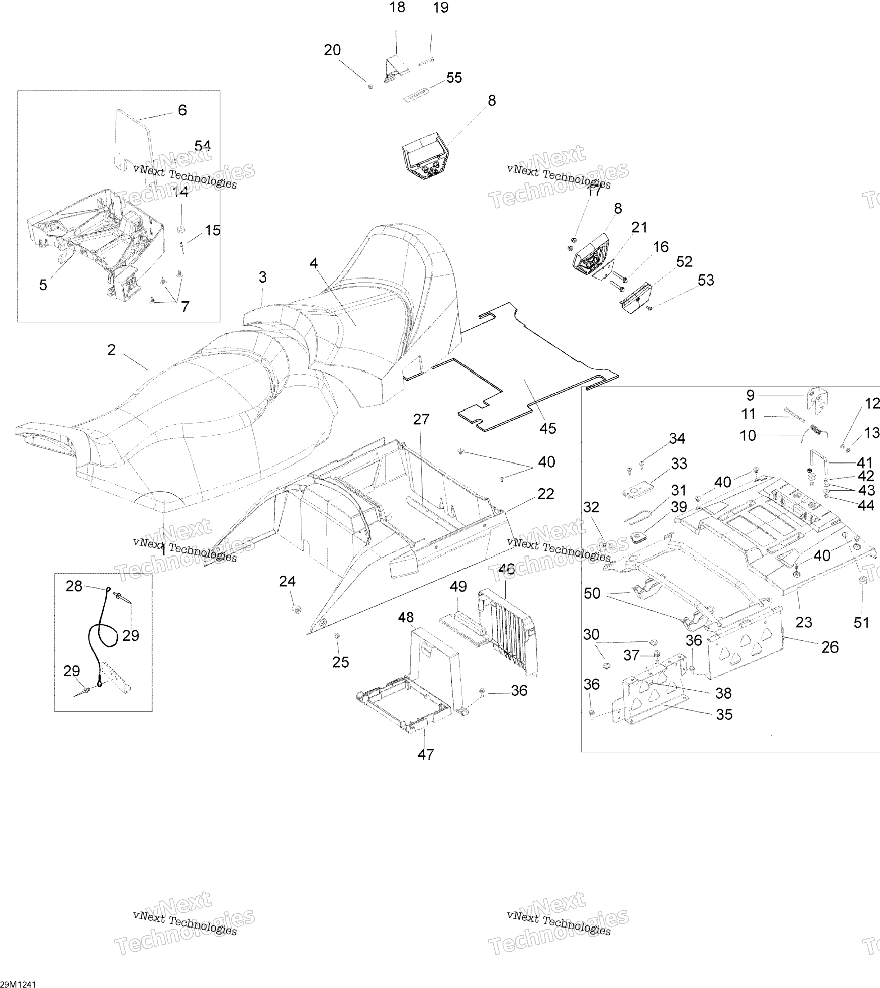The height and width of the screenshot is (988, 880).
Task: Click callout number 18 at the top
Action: coord(397,8)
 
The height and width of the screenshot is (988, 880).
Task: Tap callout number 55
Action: coord(454,78)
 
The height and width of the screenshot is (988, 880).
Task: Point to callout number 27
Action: coord(421,419)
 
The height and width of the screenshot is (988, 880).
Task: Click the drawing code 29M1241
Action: coord(18,984)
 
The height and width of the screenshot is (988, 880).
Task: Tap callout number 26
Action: coord(830,647)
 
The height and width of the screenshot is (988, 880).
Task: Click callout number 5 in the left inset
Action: coord(43,285)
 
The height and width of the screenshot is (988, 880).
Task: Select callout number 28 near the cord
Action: coord(74,586)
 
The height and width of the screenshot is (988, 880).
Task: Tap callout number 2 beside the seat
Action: coord(112,350)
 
